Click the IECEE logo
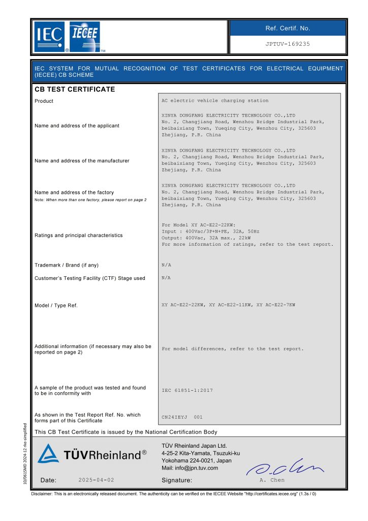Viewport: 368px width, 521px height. click(85, 37)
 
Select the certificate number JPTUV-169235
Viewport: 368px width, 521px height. click(287, 44)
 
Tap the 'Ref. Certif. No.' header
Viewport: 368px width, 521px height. click(288, 28)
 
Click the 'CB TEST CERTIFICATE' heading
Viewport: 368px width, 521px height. click(75, 90)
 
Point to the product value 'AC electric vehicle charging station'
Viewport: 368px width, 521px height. click(214, 101)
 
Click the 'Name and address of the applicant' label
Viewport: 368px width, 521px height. click(77, 126)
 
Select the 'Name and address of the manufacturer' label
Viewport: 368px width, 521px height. click(82, 161)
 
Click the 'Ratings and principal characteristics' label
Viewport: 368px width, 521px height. click(78, 236)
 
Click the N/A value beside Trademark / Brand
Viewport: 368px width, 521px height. click(166, 265)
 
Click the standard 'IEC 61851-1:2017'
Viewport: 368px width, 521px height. click(187, 390)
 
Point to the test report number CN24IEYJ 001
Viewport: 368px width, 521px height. click(182, 417)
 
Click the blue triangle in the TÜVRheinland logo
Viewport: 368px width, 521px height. click(48, 454)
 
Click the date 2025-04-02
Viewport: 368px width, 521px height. click(97, 480)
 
